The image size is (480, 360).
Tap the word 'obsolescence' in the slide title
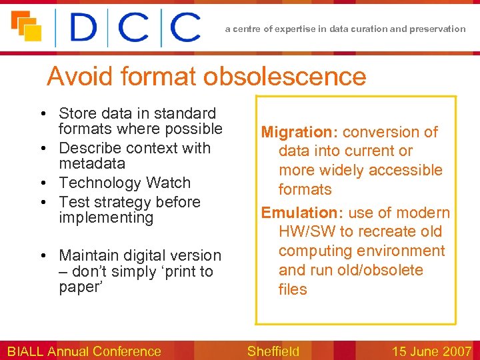(x=285, y=77)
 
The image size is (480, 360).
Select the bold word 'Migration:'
(x=299, y=132)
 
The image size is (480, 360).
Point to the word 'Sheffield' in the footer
(x=273, y=351)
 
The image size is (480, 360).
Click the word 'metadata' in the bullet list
(x=92, y=164)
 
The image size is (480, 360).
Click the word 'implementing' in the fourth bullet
(x=106, y=218)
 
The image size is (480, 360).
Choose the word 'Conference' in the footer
(x=126, y=351)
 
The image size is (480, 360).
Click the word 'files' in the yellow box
(x=293, y=289)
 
